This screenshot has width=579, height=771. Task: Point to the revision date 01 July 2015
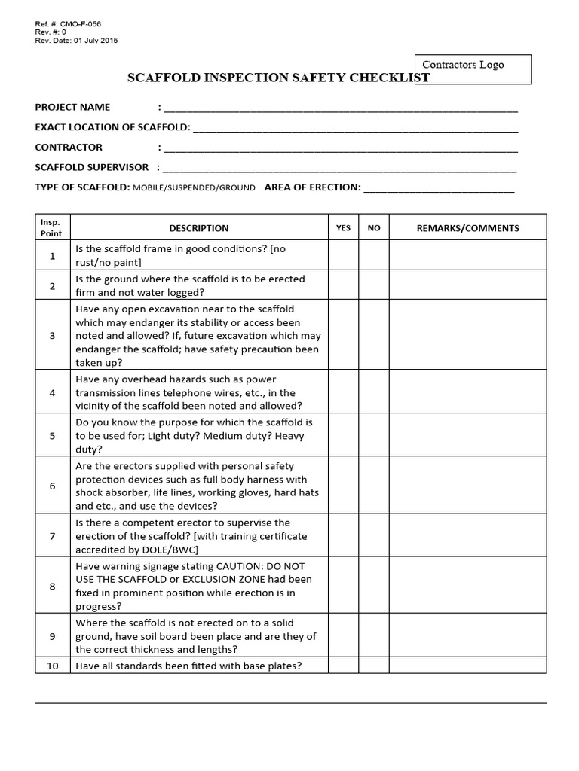[x=90, y=41]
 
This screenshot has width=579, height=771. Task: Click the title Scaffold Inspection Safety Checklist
[x=278, y=78]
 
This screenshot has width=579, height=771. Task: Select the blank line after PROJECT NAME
[x=340, y=108]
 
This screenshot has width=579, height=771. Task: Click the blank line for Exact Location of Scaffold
[x=355, y=128]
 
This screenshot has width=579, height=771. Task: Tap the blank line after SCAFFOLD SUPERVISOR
[x=340, y=168]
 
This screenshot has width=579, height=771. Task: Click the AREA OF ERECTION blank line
[x=439, y=187]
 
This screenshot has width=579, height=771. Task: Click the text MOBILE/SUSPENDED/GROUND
[x=195, y=187]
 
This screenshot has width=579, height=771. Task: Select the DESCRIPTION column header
[x=199, y=228]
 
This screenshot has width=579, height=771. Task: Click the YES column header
[x=343, y=228]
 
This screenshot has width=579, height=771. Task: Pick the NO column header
[x=374, y=228]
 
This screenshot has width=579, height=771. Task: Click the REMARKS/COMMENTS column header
[x=467, y=228]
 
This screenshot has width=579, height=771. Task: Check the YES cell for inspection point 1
[x=343, y=256]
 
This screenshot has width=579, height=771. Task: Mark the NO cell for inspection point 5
[x=374, y=435]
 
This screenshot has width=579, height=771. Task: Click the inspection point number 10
[x=52, y=666]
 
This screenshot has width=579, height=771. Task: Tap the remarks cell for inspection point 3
[x=467, y=336]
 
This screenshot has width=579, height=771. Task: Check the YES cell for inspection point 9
[x=343, y=636]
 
